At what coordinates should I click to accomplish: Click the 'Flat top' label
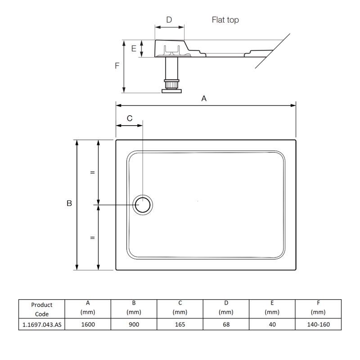225,20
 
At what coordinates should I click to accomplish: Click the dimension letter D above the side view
169,20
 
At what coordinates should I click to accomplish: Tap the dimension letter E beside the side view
134,49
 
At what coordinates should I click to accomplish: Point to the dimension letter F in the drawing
117,66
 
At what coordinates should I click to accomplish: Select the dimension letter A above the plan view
204,99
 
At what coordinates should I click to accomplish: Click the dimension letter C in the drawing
130,118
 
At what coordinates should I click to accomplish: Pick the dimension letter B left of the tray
69,203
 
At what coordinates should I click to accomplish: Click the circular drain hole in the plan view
143,205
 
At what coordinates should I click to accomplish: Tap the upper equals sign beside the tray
93,172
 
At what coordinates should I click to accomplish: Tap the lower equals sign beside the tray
93,238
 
